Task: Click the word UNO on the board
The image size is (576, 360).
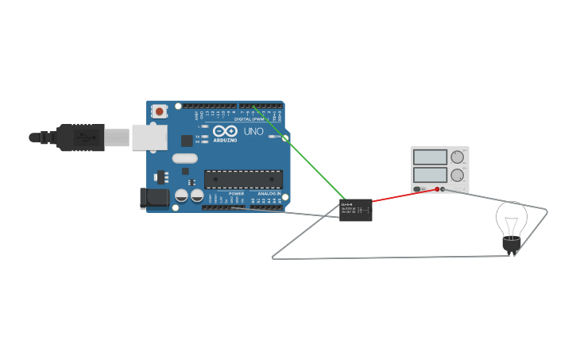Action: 253,131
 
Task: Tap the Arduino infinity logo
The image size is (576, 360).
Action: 224,131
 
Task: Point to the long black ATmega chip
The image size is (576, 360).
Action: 243,179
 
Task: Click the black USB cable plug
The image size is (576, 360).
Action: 79,137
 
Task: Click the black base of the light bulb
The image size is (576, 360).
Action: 509,246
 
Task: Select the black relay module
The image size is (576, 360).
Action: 355,210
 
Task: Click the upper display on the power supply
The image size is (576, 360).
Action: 430,157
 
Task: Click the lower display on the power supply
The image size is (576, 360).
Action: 430,174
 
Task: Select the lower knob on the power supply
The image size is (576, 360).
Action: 457,175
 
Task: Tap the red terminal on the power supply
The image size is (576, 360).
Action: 443,189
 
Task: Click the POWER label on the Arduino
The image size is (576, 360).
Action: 236,193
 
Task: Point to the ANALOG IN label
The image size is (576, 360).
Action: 269,193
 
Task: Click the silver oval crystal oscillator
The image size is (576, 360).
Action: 184,157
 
